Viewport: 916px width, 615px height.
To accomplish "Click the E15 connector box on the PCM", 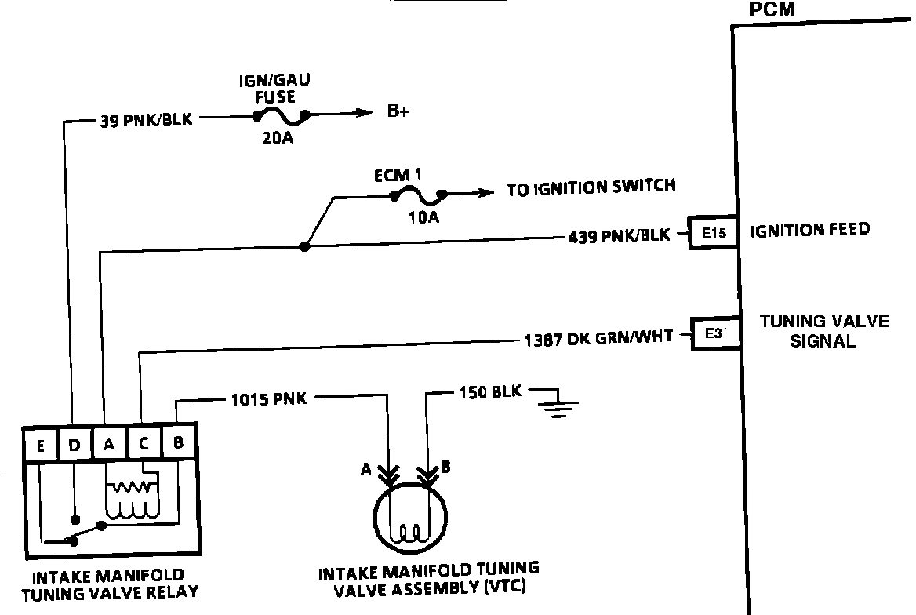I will [x=714, y=232].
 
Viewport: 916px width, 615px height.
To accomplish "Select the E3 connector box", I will [x=714, y=333].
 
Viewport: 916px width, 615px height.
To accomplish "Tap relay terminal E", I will [x=39, y=445].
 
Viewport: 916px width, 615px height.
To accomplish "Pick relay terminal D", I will [x=74, y=445].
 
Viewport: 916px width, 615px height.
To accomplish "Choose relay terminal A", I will [x=109, y=445].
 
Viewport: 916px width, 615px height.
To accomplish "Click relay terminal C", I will [x=144, y=445].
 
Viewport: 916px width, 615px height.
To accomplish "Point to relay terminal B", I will [x=178, y=443].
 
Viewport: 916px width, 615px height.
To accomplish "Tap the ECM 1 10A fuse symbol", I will [x=416, y=195].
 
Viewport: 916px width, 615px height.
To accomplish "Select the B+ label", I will [x=398, y=112].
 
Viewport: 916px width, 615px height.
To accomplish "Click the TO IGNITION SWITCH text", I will [x=591, y=187].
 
